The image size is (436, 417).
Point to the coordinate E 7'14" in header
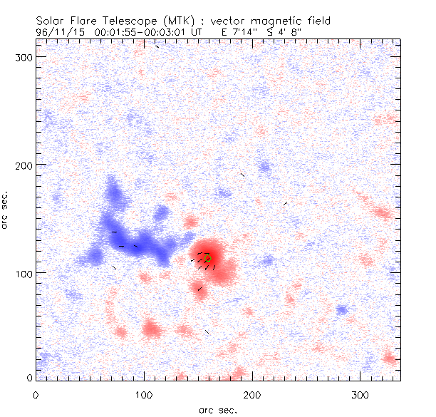point(244,31)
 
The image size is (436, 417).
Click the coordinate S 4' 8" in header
point(295,31)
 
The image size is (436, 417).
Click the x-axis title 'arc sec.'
point(219,409)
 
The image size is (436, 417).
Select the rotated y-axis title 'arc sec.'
point(6,210)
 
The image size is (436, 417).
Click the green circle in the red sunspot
point(207,258)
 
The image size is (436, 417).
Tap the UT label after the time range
point(196,31)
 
